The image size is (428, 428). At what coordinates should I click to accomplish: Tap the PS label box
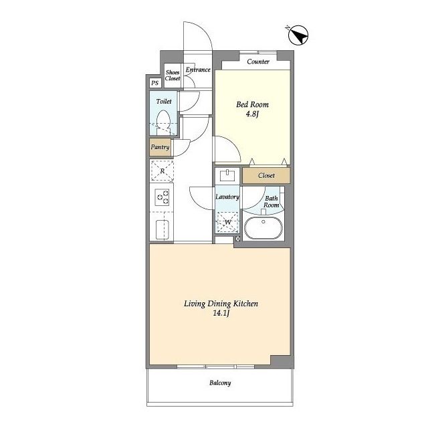[155, 83]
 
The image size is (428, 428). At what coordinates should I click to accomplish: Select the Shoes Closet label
[173, 75]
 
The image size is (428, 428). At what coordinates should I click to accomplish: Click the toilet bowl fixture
[163, 122]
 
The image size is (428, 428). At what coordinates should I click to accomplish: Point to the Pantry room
[160, 147]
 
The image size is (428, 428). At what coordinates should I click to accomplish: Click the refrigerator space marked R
[162, 171]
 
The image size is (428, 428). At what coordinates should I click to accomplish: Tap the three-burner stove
[162, 197]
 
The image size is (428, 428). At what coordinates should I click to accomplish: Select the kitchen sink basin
[162, 229]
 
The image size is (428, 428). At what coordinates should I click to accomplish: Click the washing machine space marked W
[227, 222]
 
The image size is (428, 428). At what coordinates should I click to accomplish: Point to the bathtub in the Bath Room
[263, 228]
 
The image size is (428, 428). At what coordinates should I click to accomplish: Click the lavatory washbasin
[227, 175]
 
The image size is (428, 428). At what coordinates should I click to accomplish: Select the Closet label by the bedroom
[266, 175]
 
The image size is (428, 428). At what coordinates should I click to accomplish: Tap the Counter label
[258, 62]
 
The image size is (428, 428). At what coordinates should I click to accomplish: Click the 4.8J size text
[252, 114]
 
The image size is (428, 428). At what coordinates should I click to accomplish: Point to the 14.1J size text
[221, 313]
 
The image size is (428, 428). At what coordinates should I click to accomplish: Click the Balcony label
[220, 383]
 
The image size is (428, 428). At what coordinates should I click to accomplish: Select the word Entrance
[198, 70]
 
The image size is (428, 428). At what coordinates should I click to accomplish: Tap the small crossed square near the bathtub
[238, 239]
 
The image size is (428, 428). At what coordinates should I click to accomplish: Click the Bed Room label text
[253, 104]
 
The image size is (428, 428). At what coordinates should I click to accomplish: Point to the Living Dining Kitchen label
[221, 304]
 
